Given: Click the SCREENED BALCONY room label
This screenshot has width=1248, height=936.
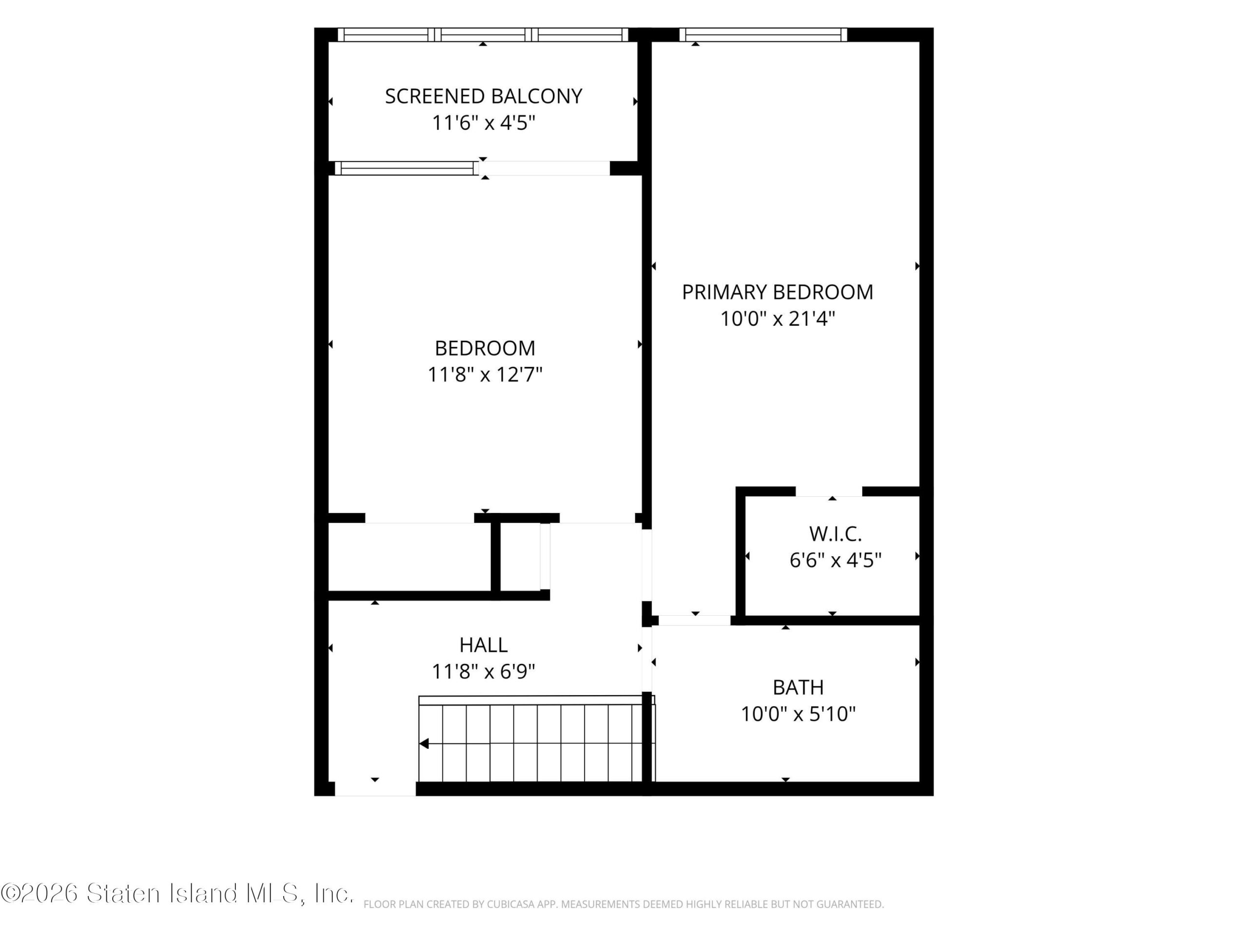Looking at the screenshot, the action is click(x=484, y=97).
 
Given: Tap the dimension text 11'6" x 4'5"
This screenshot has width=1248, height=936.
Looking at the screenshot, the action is click(x=484, y=122).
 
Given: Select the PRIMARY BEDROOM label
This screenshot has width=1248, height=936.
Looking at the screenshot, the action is click(x=778, y=292).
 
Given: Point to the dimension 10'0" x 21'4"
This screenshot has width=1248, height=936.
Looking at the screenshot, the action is click(x=778, y=319).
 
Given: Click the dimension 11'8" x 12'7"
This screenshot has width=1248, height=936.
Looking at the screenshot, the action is click(x=485, y=374).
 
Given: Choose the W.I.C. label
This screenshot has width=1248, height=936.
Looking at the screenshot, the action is click(x=835, y=533).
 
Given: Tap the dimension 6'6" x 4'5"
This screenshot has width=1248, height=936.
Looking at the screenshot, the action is click(x=835, y=560).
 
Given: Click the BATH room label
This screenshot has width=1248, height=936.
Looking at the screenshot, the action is click(x=798, y=687).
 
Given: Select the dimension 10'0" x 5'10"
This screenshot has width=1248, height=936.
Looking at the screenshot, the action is click(x=798, y=714).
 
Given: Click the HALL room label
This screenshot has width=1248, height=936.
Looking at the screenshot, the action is click(x=484, y=644).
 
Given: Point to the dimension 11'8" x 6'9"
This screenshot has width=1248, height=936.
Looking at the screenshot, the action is click(x=484, y=671).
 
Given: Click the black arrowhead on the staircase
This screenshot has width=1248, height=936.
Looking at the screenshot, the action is click(x=424, y=743).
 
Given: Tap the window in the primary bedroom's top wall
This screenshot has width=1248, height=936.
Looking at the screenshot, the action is click(x=763, y=35).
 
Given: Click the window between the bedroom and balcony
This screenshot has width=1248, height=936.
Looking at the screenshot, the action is click(x=407, y=168).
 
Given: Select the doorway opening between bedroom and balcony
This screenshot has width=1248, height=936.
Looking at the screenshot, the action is click(x=545, y=168).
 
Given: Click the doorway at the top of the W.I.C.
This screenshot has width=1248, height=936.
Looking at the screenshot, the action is click(x=829, y=491).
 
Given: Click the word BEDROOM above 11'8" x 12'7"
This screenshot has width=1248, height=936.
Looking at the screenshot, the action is click(x=485, y=348).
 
